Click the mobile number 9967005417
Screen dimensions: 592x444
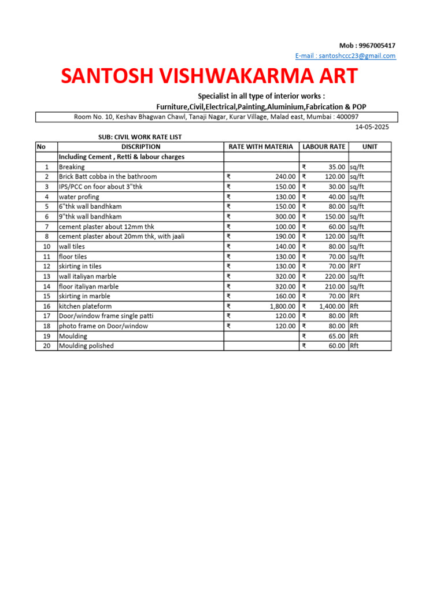376,46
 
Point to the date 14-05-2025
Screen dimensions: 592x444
372,127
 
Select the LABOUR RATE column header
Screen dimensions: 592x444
324,147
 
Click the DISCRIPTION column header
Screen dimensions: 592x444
140,147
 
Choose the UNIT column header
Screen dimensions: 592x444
369,147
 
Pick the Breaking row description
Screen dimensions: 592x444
72,166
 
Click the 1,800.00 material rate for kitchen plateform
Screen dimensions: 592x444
282,306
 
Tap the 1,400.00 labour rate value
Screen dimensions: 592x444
332,306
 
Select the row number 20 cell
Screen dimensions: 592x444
46,346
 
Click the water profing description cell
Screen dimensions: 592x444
78,197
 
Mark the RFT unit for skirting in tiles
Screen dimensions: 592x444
355,266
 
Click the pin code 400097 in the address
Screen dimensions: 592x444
338,117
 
